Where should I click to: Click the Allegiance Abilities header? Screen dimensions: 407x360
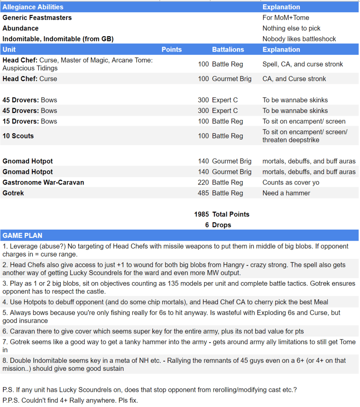coord(33,7)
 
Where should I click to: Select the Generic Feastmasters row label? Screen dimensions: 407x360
coord(37,18)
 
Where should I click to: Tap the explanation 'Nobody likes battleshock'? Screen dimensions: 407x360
coord(299,39)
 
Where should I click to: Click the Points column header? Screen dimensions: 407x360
coord(171,50)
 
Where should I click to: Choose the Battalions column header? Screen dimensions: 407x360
coord(228,50)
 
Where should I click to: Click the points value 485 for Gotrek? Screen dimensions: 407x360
coord(203,193)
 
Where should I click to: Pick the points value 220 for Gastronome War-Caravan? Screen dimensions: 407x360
coord(203,182)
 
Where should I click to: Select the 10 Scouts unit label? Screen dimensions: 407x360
coord(18,136)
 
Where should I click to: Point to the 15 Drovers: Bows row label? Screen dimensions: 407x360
coord(30,121)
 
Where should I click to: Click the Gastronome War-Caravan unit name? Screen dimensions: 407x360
coord(43,182)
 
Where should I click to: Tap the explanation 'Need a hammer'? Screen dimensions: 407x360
coord(286,193)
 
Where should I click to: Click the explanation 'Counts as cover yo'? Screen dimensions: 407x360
coord(291,182)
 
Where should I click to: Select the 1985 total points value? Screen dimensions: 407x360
coord(201,214)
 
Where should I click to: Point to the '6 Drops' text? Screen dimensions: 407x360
coord(218,225)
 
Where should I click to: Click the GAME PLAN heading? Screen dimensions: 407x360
coord(22,236)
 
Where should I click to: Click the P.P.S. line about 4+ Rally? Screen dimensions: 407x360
coord(70,400)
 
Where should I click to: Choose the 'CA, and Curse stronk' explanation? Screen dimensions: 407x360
coord(294,79)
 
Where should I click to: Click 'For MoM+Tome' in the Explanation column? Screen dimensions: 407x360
coord(286,18)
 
